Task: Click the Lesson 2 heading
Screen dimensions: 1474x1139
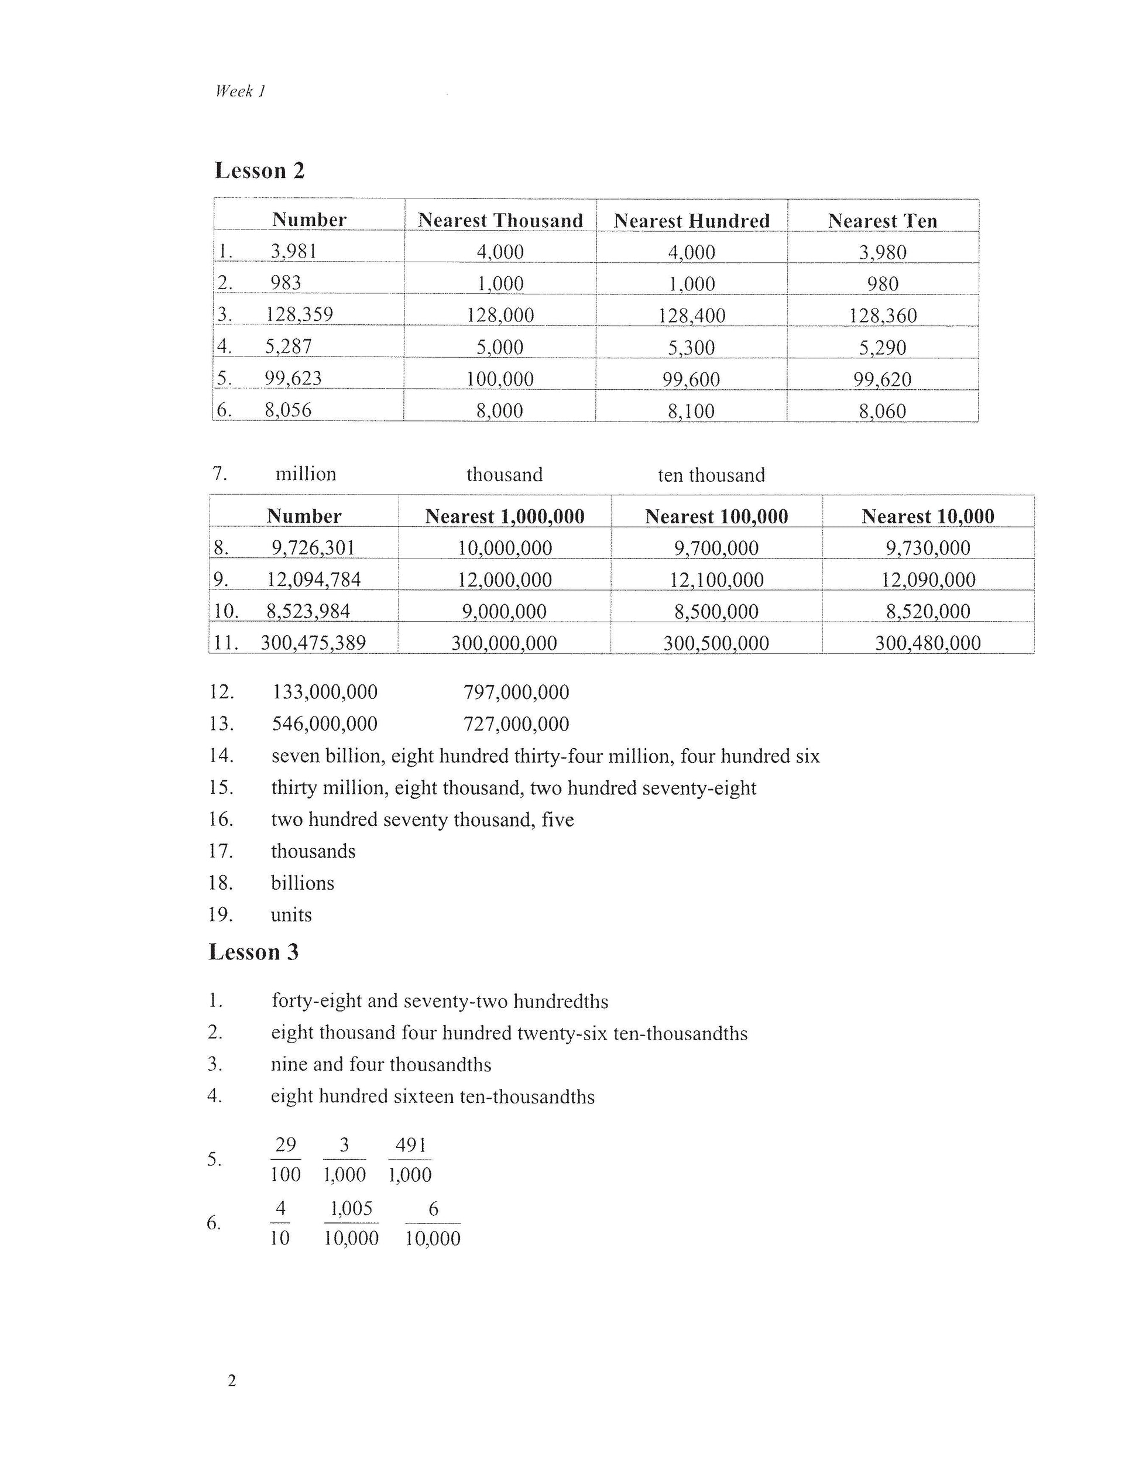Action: click(260, 170)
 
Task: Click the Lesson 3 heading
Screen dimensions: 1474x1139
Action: click(253, 952)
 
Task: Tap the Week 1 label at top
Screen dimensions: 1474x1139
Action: click(240, 91)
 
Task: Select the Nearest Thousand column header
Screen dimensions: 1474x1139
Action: click(500, 220)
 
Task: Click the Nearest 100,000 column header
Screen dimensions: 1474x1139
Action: click(716, 516)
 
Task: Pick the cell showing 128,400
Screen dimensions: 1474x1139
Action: click(692, 315)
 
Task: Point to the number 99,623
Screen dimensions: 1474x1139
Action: click(293, 378)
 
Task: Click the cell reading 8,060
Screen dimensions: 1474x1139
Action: click(882, 410)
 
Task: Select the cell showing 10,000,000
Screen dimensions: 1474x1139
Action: click(505, 547)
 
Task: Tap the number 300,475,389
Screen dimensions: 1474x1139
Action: click(313, 643)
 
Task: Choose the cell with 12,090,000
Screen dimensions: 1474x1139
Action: click(928, 579)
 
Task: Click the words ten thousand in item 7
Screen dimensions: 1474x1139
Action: click(711, 475)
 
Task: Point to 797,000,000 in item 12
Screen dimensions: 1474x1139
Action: click(516, 692)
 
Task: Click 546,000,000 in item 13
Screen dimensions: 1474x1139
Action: click(325, 724)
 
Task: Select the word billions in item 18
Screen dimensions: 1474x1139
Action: click(302, 883)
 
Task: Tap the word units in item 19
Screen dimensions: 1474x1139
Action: click(291, 914)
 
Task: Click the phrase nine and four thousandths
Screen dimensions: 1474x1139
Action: click(381, 1064)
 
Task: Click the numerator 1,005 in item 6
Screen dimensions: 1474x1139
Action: click(351, 1208)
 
